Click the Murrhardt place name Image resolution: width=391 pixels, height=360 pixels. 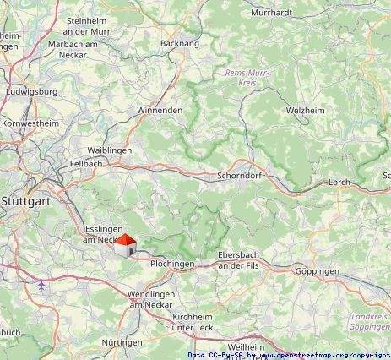[274, 13]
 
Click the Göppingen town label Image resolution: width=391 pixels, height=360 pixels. [318, 271]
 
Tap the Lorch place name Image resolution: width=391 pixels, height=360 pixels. [338, 182]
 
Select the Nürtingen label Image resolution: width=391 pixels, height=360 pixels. [122, 343]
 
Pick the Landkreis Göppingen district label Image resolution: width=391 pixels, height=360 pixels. [368, 321]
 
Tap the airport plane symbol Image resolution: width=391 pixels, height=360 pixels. [41, 286]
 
